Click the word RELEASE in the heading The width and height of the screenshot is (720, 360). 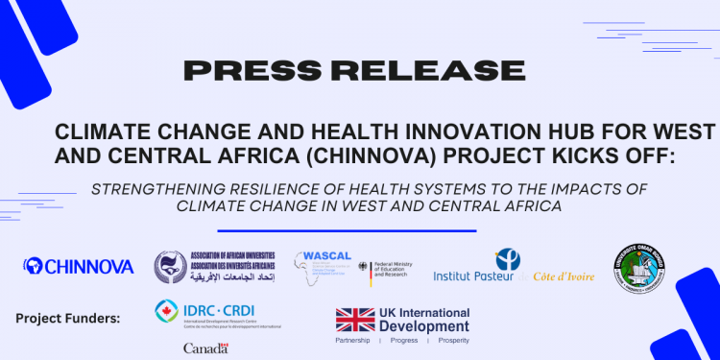click(x=417, y=70)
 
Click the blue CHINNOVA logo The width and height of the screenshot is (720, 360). click(x=79, y=266)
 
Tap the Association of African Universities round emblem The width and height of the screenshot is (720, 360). click(x=171, y=266)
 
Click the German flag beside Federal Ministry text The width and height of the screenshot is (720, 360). click(x=363, y=268)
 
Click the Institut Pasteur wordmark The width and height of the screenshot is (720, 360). click(x=474, y=276)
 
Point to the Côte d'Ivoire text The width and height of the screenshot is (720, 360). click(x=562, y=276)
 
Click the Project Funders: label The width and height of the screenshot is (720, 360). click(x=67, y=318)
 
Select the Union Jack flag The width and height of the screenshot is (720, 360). click(x=353, y=320)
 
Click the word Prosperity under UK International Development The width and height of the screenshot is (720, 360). click(x=448, y=341)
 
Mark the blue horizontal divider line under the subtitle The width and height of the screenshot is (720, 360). click(x=347, y=230)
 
